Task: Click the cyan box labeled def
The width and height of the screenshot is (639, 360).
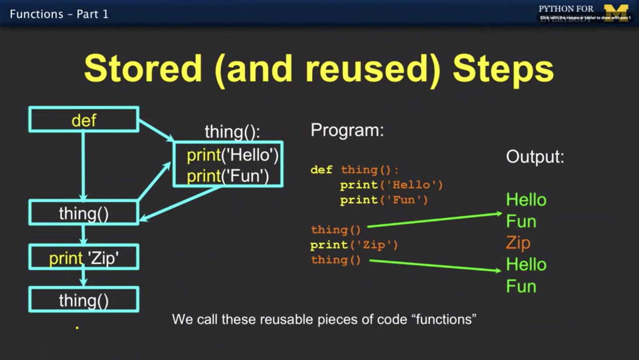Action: click(84, 120)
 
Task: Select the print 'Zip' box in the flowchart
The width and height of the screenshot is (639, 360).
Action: click(84, 258)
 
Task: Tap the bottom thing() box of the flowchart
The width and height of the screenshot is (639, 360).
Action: click(84, 300)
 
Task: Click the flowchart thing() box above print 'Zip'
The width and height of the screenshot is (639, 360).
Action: click(84, 213)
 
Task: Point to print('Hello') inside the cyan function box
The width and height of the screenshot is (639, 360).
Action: click(232, 155)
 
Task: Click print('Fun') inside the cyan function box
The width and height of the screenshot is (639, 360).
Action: click(228, 176)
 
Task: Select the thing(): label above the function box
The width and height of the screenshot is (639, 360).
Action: click(232, 131)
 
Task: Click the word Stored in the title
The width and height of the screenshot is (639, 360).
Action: click(143, 69)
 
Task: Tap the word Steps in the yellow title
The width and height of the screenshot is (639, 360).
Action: click(503, 69)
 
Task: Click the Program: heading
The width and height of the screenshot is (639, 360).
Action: click(347, 130)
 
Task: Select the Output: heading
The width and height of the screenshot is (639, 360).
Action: click(535, 156)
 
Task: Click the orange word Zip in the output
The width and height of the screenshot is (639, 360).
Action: click(518, 243)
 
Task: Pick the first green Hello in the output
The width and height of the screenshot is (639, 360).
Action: click(526, 200)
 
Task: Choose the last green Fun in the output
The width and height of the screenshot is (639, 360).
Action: click(521, 286)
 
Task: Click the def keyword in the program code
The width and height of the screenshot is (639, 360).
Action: click(321, 169)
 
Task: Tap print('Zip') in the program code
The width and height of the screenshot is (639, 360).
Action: click(354, 244)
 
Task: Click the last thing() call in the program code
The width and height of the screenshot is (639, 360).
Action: click(336, 260)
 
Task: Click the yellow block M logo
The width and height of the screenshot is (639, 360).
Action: click(616, 13)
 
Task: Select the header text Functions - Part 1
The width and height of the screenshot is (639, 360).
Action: click(59, 14)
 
